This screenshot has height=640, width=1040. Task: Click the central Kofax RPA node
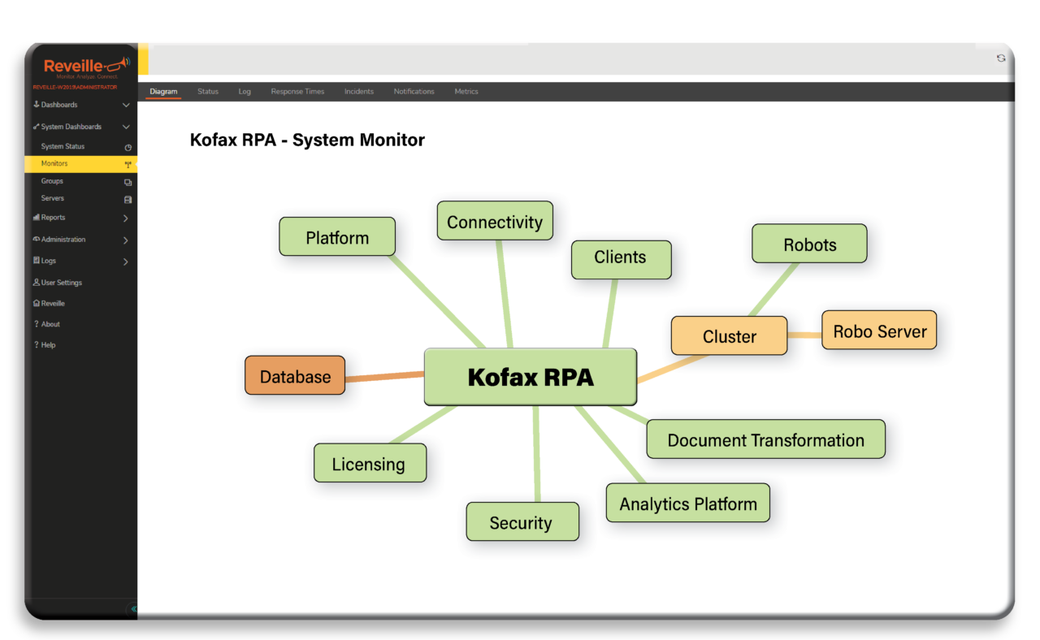click(531, 377)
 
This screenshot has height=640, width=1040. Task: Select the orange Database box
click(295, 376)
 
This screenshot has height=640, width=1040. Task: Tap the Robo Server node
click(879, 331)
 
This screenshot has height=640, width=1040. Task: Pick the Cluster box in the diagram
click(729, 336)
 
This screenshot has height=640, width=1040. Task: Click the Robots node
click(809, 244)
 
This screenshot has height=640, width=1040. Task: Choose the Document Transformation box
click(765, 439)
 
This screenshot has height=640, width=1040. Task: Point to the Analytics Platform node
click(687, 504)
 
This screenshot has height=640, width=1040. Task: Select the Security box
click(522, 522)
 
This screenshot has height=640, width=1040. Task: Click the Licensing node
click(370, 464)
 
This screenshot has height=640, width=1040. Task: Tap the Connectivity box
click(494, 221)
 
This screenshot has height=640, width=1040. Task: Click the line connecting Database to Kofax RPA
click(384, 377)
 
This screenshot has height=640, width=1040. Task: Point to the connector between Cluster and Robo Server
click(804, 335)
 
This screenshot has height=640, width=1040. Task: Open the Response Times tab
click(297, 92)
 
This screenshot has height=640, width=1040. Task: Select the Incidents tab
click(358, 92)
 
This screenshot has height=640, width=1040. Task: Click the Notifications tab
click(414, 92)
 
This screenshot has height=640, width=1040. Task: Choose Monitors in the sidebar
click(55, 164)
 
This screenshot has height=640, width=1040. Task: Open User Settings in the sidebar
click(61, 283)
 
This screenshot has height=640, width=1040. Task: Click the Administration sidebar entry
click(63, 240)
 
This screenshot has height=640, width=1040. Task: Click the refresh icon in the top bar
click(1001, 58)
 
